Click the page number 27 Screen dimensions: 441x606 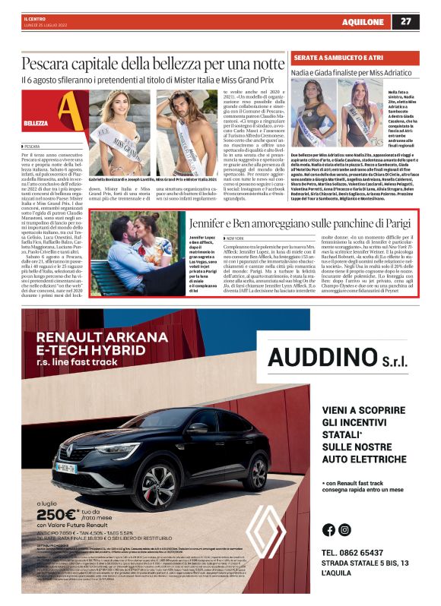pyautogui.click(x=427, y=21)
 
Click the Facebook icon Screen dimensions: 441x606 pyautogui.click(x=328, y=530)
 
